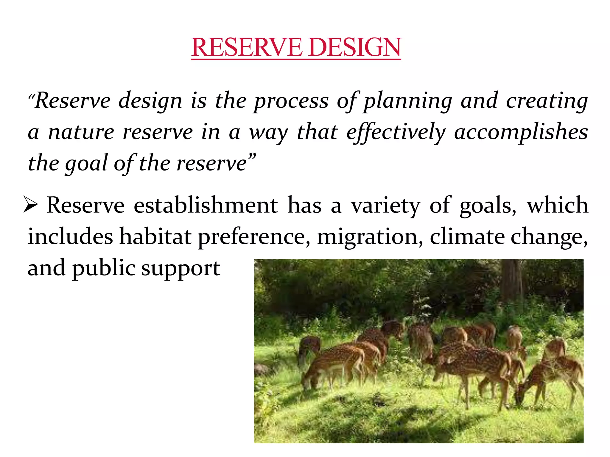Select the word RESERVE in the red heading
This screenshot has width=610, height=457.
click(246, 47)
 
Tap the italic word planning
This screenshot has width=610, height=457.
click(408, 101)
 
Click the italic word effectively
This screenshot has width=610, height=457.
click(396, 133)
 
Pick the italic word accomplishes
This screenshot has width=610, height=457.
click(521, 133)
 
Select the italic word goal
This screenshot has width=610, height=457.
click(86, 164)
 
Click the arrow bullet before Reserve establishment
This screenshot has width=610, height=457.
click(30, 205)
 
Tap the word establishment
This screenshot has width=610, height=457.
click(206, 206)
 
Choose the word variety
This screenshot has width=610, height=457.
click(385, 206)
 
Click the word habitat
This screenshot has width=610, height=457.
click(155, 237)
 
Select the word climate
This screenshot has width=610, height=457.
click(467, 237)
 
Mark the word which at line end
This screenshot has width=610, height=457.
click(557, 205)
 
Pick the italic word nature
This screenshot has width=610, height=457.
click(81, 133)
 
